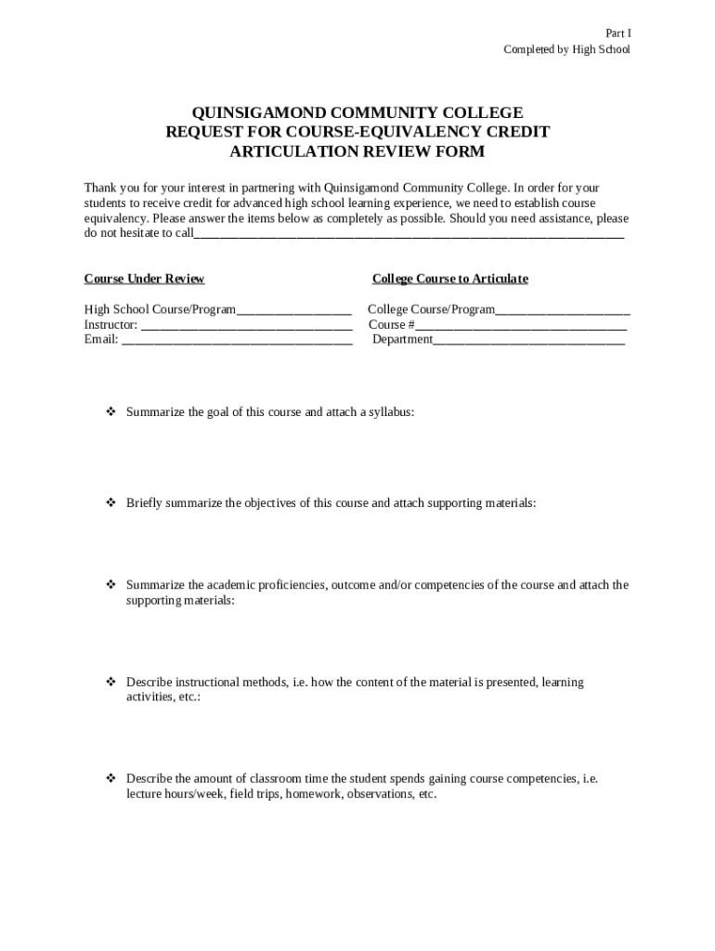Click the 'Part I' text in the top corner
617,33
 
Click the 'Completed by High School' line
566,49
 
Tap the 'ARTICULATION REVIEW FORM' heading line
357,151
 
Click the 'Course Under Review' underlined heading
144,279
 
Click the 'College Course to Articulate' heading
449,279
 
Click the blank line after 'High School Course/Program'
293,311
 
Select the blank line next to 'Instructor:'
246,326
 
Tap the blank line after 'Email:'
237,341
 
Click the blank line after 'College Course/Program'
563,311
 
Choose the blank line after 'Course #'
521,326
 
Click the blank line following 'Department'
529,341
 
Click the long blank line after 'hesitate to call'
409,235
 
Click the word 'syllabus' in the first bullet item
390,411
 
